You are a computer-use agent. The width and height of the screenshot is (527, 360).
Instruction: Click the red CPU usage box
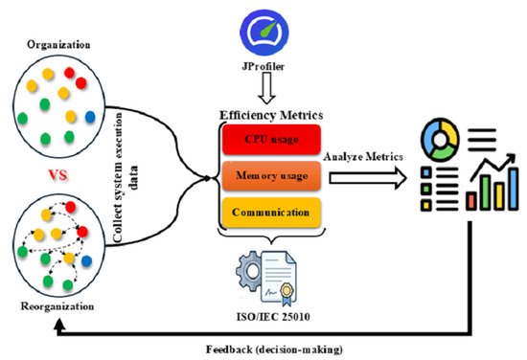tap(271, 140)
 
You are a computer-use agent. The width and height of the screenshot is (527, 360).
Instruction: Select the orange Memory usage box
tap(271, 175)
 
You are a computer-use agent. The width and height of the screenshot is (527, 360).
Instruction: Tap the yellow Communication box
tap(271, 213)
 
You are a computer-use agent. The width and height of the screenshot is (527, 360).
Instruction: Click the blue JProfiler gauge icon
tap(265, 33)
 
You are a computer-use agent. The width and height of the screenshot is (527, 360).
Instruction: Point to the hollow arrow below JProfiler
tap(267, 88)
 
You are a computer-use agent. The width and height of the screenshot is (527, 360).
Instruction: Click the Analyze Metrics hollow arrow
tap(368, 178)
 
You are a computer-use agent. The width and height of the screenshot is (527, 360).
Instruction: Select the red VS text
tap(57, 175)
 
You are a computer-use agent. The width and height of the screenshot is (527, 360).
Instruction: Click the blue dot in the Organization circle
tap(90, 117)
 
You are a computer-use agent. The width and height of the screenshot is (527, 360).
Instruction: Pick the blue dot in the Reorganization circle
tap(86, 261)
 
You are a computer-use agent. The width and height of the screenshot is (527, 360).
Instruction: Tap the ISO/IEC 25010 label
tap(273, 317)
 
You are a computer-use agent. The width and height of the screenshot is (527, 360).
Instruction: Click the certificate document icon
tap(279, 279)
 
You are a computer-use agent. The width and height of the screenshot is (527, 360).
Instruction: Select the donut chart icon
tap(440, 140)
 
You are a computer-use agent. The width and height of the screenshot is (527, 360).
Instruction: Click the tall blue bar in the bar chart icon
tap(513, 189)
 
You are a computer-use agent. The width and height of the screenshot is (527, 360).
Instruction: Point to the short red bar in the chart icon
tap(471, 201)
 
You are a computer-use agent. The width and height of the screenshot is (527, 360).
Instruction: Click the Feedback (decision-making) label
tap(274, 349)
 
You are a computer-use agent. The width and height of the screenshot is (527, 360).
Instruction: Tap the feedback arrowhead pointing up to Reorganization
tap(59, 325)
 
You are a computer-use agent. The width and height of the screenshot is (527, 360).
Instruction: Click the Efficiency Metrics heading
tap(271, 115)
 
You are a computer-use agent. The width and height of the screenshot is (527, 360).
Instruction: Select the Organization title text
tap(58, 45)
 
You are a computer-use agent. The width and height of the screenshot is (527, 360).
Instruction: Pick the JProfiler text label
tap(263, 66)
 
